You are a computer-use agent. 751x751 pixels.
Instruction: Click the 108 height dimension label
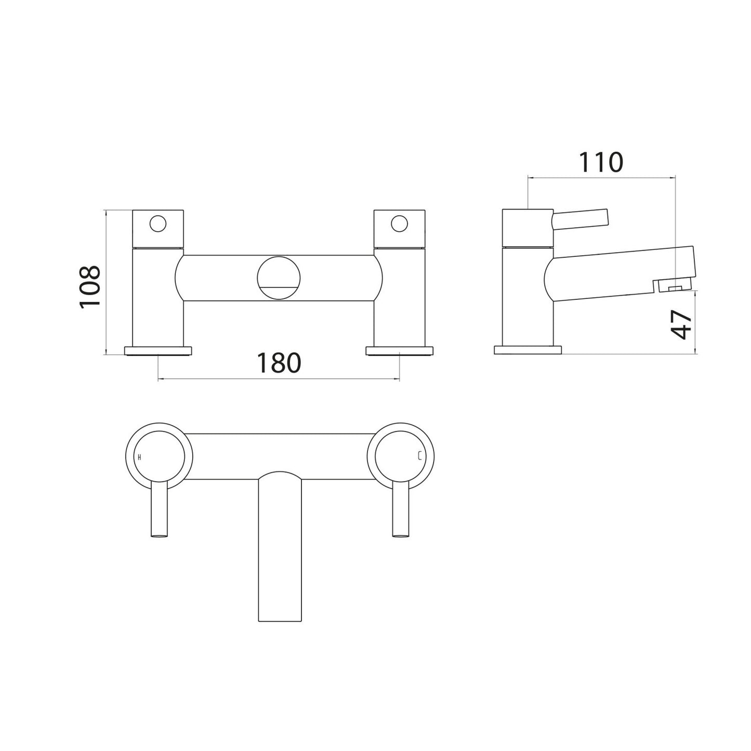[x=89, y=287]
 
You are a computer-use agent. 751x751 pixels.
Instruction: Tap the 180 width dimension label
[x=279, y=363]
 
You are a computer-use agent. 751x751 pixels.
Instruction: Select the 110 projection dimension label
[x=601, y=162]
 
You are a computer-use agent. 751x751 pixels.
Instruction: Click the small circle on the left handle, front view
[x=158, y=224]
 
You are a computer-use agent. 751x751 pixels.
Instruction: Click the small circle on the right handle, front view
[x=399, y=224]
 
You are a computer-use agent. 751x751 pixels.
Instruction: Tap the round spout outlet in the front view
[x=279, y=278]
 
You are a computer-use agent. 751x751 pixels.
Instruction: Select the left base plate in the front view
[x=159, y=351]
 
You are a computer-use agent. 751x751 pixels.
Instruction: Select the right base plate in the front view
[x=399, y=351]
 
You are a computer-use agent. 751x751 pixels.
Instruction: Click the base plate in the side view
[x=528, y=350]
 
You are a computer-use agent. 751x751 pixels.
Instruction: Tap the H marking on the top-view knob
[x=139, y=457]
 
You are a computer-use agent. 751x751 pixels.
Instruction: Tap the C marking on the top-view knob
[x=419, y=457]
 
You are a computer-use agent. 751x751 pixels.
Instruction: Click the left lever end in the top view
[x=159, y=534]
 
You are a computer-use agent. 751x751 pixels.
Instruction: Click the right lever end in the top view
[x=400, y=534]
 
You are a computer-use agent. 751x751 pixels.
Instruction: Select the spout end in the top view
[x=280, y=613]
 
